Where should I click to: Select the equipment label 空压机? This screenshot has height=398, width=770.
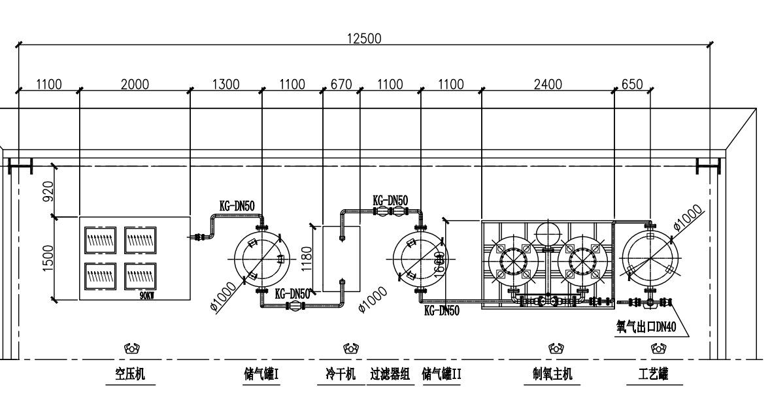click(x=131, y=374)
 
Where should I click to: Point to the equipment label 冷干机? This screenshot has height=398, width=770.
click(x=340, y=374)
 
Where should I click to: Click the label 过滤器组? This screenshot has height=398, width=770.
click(x=390, y=374)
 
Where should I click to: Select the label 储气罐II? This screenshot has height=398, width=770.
click(x=442, y=374)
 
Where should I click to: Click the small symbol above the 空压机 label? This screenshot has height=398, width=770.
click(x=131, y=350)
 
